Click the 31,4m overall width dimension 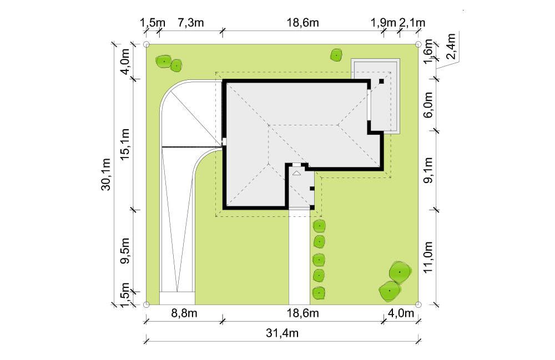point(282,333)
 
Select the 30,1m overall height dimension point(106,174)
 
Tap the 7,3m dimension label point(190,23)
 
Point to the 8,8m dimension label point(184,313)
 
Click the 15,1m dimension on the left point(124,144)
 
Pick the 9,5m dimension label point(124,251)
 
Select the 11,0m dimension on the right point(428,257)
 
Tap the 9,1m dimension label point(428,170)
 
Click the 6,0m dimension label point(428,105)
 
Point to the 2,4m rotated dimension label point(451,47)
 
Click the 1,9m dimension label point(383,23)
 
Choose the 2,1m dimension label point(412,23)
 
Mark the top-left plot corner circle point(147,44)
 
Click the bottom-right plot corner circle point(418,305)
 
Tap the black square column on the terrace point(381,82)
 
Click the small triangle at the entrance point(296,173)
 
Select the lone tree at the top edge point(336,55)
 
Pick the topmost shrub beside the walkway point(319,226)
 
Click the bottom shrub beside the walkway point(319,293)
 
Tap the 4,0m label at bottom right point(401,313)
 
